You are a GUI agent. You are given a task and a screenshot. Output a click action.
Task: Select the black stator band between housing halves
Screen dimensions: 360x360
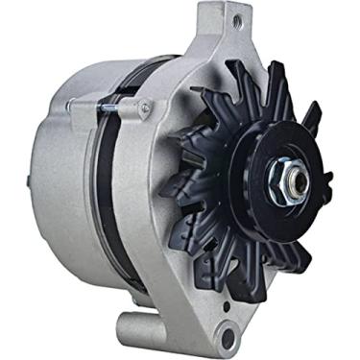114,192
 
